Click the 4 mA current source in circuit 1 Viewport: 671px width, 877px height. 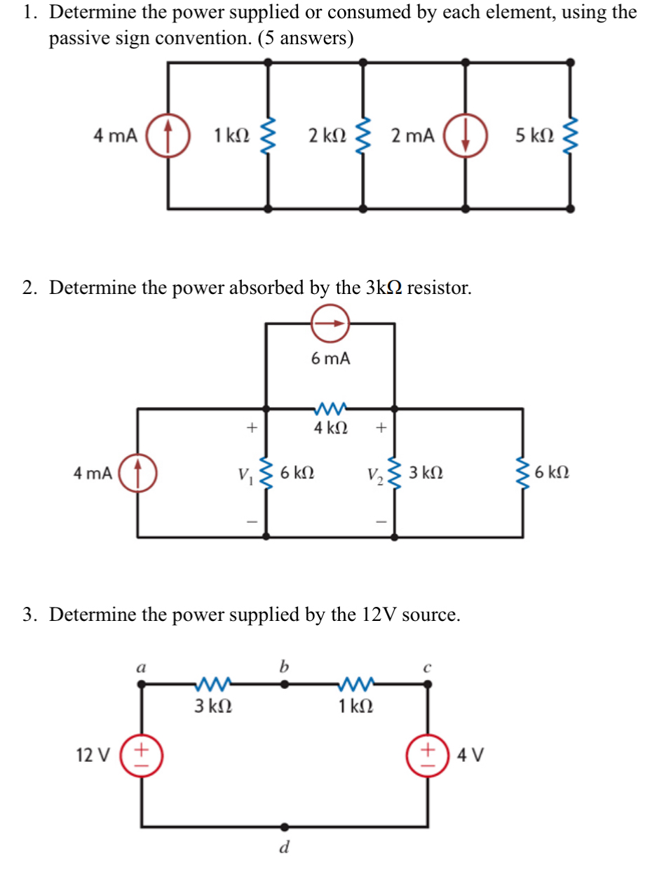coord(168,135)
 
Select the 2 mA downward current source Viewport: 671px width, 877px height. coord(466,135)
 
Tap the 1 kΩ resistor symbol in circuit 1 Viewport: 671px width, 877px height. coord(267,135)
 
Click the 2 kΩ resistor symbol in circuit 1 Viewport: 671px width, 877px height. coord(362,135)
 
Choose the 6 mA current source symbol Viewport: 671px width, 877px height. coord(330,323)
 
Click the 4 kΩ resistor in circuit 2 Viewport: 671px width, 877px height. coord(330,408)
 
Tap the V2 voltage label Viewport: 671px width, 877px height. coord(374,475)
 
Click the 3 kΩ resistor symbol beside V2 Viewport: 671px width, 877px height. coord(395,474)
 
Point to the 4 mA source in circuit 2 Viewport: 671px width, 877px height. coord(137,472)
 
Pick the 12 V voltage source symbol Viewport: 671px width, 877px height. coord(142,756)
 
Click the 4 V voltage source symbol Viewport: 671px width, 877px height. coord(428,756)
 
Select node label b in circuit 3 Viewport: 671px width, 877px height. coord(284,666)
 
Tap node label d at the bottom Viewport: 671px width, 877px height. coord(284,848)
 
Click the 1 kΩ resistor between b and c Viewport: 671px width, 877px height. coord(355,683)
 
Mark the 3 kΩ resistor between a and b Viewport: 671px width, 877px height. coord(213,683)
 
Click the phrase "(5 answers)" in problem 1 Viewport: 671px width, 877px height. coord(306,38)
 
